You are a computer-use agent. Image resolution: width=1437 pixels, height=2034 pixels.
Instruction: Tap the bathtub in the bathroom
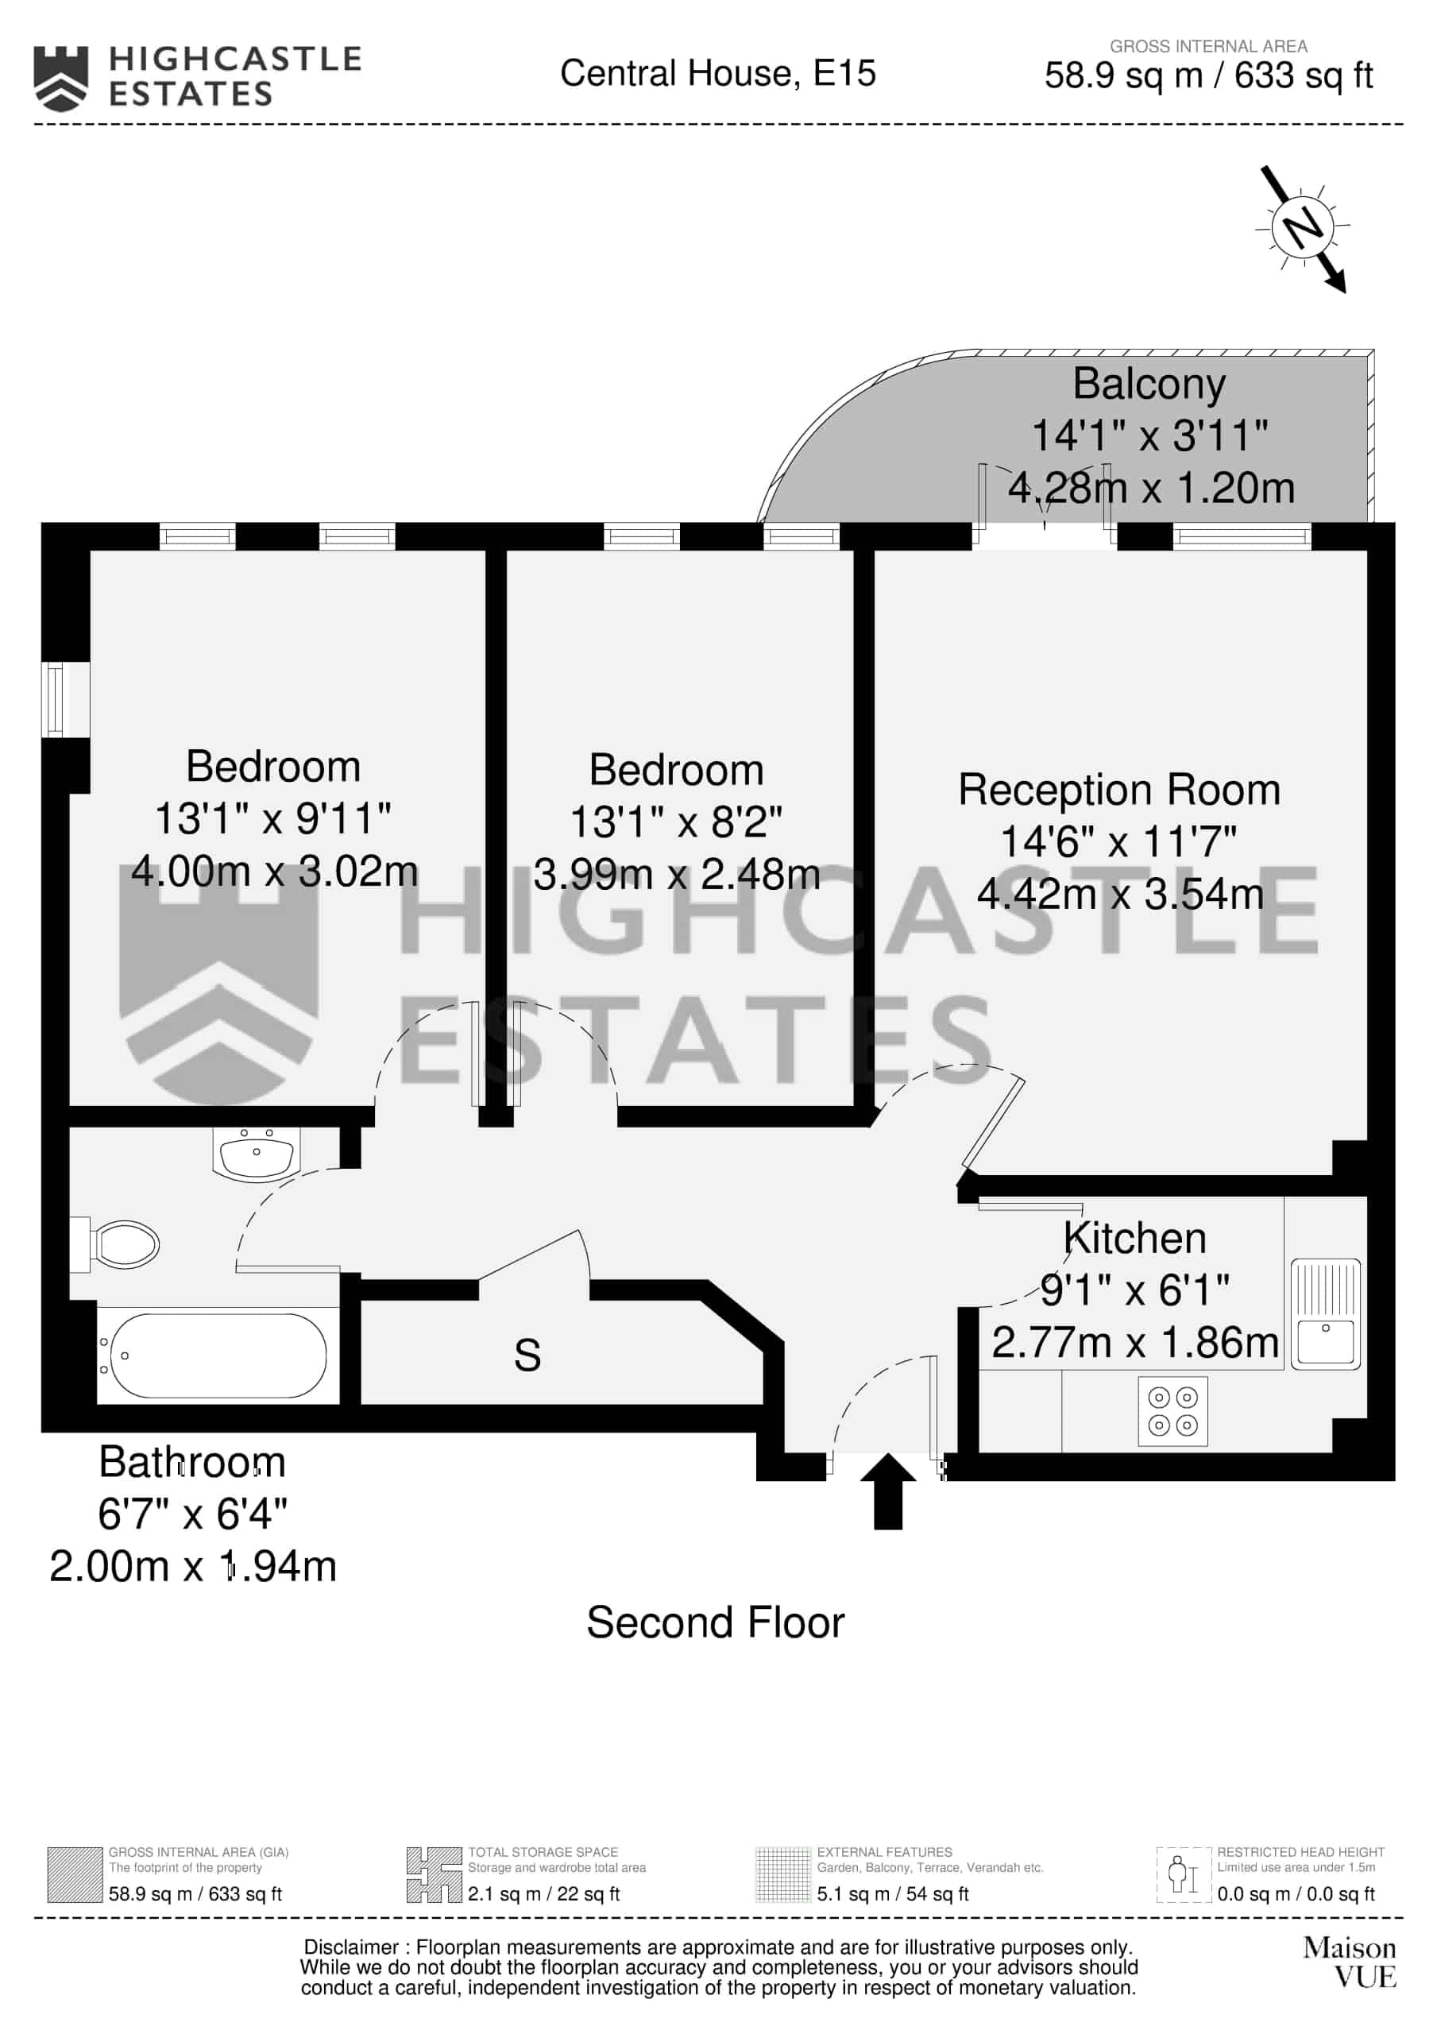[x=218, y=1355]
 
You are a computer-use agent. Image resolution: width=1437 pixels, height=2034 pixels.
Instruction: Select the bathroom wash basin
[x=256, y=1154]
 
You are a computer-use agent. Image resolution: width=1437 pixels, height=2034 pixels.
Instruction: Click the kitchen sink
[x=1325, y=1314]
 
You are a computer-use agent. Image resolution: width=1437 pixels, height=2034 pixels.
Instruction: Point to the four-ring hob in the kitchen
[x=1173, y=1411]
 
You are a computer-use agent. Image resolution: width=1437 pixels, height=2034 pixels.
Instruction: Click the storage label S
[x=527, y=1355]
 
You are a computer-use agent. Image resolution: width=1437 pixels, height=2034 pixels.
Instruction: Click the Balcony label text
[x=1149, y=385]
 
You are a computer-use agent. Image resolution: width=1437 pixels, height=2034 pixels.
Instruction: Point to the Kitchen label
[x=1135, y=1239]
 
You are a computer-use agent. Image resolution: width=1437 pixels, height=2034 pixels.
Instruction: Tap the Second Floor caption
[x=716, y=1623]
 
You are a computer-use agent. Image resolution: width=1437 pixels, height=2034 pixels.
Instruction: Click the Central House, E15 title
[x=717, y=74]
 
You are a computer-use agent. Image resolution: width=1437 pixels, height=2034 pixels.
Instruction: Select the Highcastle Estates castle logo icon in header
[x=60, y=79]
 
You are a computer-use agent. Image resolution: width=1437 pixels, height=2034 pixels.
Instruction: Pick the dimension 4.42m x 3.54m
[x=1121, y=894]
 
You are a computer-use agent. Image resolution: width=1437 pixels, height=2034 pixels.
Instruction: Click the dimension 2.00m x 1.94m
[x=193, y=1566]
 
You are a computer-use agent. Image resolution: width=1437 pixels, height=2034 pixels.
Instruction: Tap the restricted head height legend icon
[x=1184, y=1875]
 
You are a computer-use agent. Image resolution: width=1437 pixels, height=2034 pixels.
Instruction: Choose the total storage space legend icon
[x=434, y=1875]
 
